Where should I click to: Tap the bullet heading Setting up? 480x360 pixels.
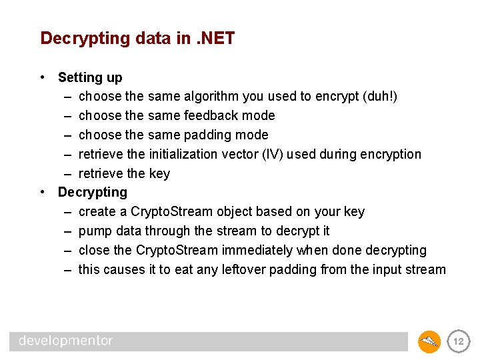pos(90,77)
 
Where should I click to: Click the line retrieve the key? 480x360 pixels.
pos(124,174)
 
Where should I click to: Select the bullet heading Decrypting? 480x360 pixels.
pos(92,193)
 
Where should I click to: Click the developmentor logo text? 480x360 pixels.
pos(65,341)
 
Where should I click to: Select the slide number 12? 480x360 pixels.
pos(458,342)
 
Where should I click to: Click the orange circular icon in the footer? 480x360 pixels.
pos(429,342)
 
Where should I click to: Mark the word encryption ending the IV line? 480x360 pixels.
pos(391,155)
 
